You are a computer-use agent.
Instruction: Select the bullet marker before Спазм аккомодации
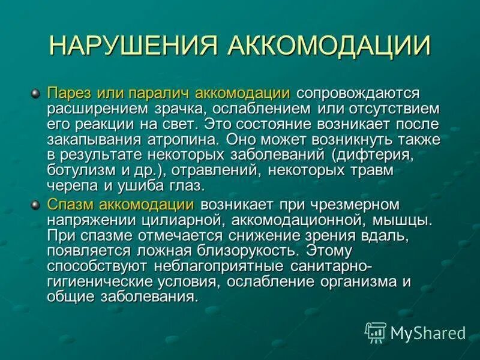(35, 205)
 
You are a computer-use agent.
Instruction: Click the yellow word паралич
(163, 94)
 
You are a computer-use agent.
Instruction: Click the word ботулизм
(79, 171)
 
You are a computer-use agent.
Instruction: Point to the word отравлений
(210, 171)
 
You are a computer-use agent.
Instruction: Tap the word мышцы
(406, 220)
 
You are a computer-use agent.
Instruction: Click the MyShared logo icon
(376, 332)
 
